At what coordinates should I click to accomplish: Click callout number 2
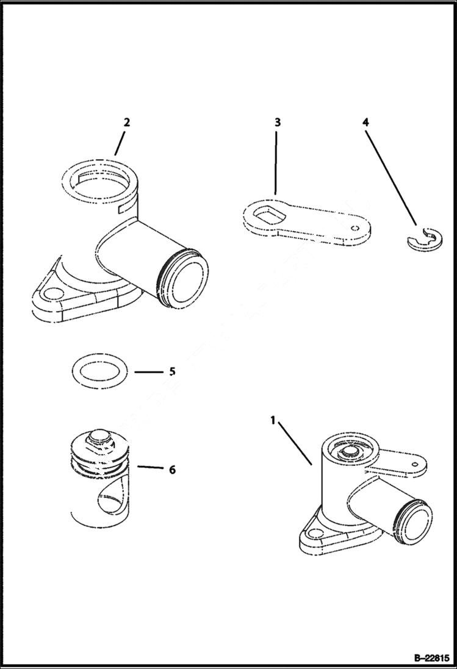(x=126, y=122)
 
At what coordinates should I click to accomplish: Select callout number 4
(x=365, y=122)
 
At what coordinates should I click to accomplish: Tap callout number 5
(x=172, y=371)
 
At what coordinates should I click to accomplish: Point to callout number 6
(x=172, y=470)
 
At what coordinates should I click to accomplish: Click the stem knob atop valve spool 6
(x=97, y=437)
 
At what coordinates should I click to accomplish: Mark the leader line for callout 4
(x=390, y=177)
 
